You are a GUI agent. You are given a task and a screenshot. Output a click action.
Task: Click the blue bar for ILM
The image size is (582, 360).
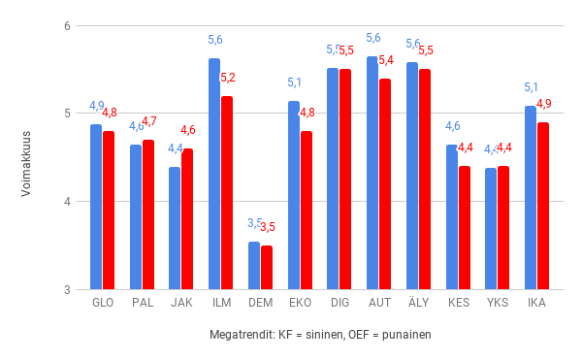pos(214,175)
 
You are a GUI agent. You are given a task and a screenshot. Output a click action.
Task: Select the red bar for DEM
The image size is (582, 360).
pos(267,268)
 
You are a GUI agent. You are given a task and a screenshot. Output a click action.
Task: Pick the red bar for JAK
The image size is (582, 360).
pos(187,219)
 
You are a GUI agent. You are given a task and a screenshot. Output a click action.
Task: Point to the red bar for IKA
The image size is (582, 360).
pos(543,206)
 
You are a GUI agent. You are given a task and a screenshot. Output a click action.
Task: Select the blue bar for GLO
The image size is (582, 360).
pos(96,207)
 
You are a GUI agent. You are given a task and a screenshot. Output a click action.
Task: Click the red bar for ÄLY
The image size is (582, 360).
pos(425,180)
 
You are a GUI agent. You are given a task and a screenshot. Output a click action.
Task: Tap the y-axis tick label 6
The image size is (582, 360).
pos(67,25)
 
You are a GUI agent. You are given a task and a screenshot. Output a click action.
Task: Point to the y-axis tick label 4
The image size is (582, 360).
pos(67,202)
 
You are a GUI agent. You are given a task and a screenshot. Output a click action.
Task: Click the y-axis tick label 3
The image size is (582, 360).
pos(67,290)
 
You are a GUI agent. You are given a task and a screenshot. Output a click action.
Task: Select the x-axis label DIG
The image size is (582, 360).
pos(339,303)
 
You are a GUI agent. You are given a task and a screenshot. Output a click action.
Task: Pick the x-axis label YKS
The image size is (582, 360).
pos(498,303)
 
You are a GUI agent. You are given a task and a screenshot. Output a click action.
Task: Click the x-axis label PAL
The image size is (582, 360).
pos(142,303)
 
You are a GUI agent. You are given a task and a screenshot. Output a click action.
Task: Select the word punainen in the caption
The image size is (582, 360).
pos(406,335)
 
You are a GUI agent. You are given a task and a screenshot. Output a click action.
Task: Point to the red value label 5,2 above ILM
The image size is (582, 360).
pos(227,78)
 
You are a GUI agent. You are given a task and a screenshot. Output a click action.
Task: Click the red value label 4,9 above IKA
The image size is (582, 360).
pos(543,104)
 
